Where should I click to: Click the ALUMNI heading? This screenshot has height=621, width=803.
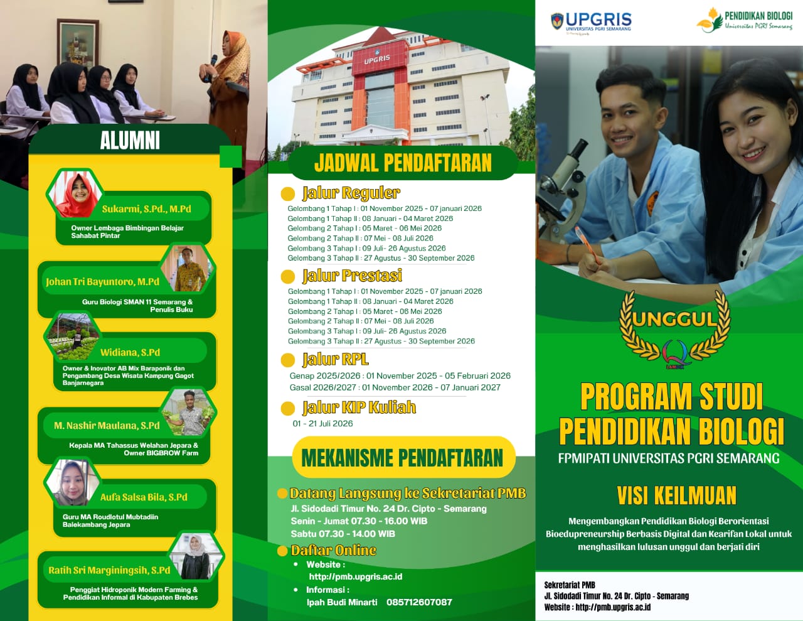click(130, 141)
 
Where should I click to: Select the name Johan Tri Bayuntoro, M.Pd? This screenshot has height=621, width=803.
click(102, 282)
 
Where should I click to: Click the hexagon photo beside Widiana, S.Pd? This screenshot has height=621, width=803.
click(73, 336)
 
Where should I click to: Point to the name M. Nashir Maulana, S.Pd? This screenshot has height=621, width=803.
click(107, 426)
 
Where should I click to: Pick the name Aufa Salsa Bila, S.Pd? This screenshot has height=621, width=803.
click(144, 497)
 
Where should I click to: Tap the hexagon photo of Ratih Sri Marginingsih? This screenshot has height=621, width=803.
click(196, 556)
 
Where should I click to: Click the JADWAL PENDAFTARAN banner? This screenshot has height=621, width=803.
click(403, 163)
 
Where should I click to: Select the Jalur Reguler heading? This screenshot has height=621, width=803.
click(351, 193)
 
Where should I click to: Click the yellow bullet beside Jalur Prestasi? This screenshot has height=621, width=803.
click(288, 277)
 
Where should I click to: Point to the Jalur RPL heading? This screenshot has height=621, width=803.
click(335, 359)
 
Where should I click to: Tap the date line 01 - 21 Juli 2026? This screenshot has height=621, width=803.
click(322, 423)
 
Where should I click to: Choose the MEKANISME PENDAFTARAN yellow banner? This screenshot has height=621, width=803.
click(403, 458)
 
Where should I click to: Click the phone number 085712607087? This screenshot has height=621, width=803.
click(419, 602)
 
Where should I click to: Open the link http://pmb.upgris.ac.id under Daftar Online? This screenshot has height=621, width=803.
click(356, 576)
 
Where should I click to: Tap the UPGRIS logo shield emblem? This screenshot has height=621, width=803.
click(557, 21)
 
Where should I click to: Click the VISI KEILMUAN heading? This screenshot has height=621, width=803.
click(677, 495)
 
